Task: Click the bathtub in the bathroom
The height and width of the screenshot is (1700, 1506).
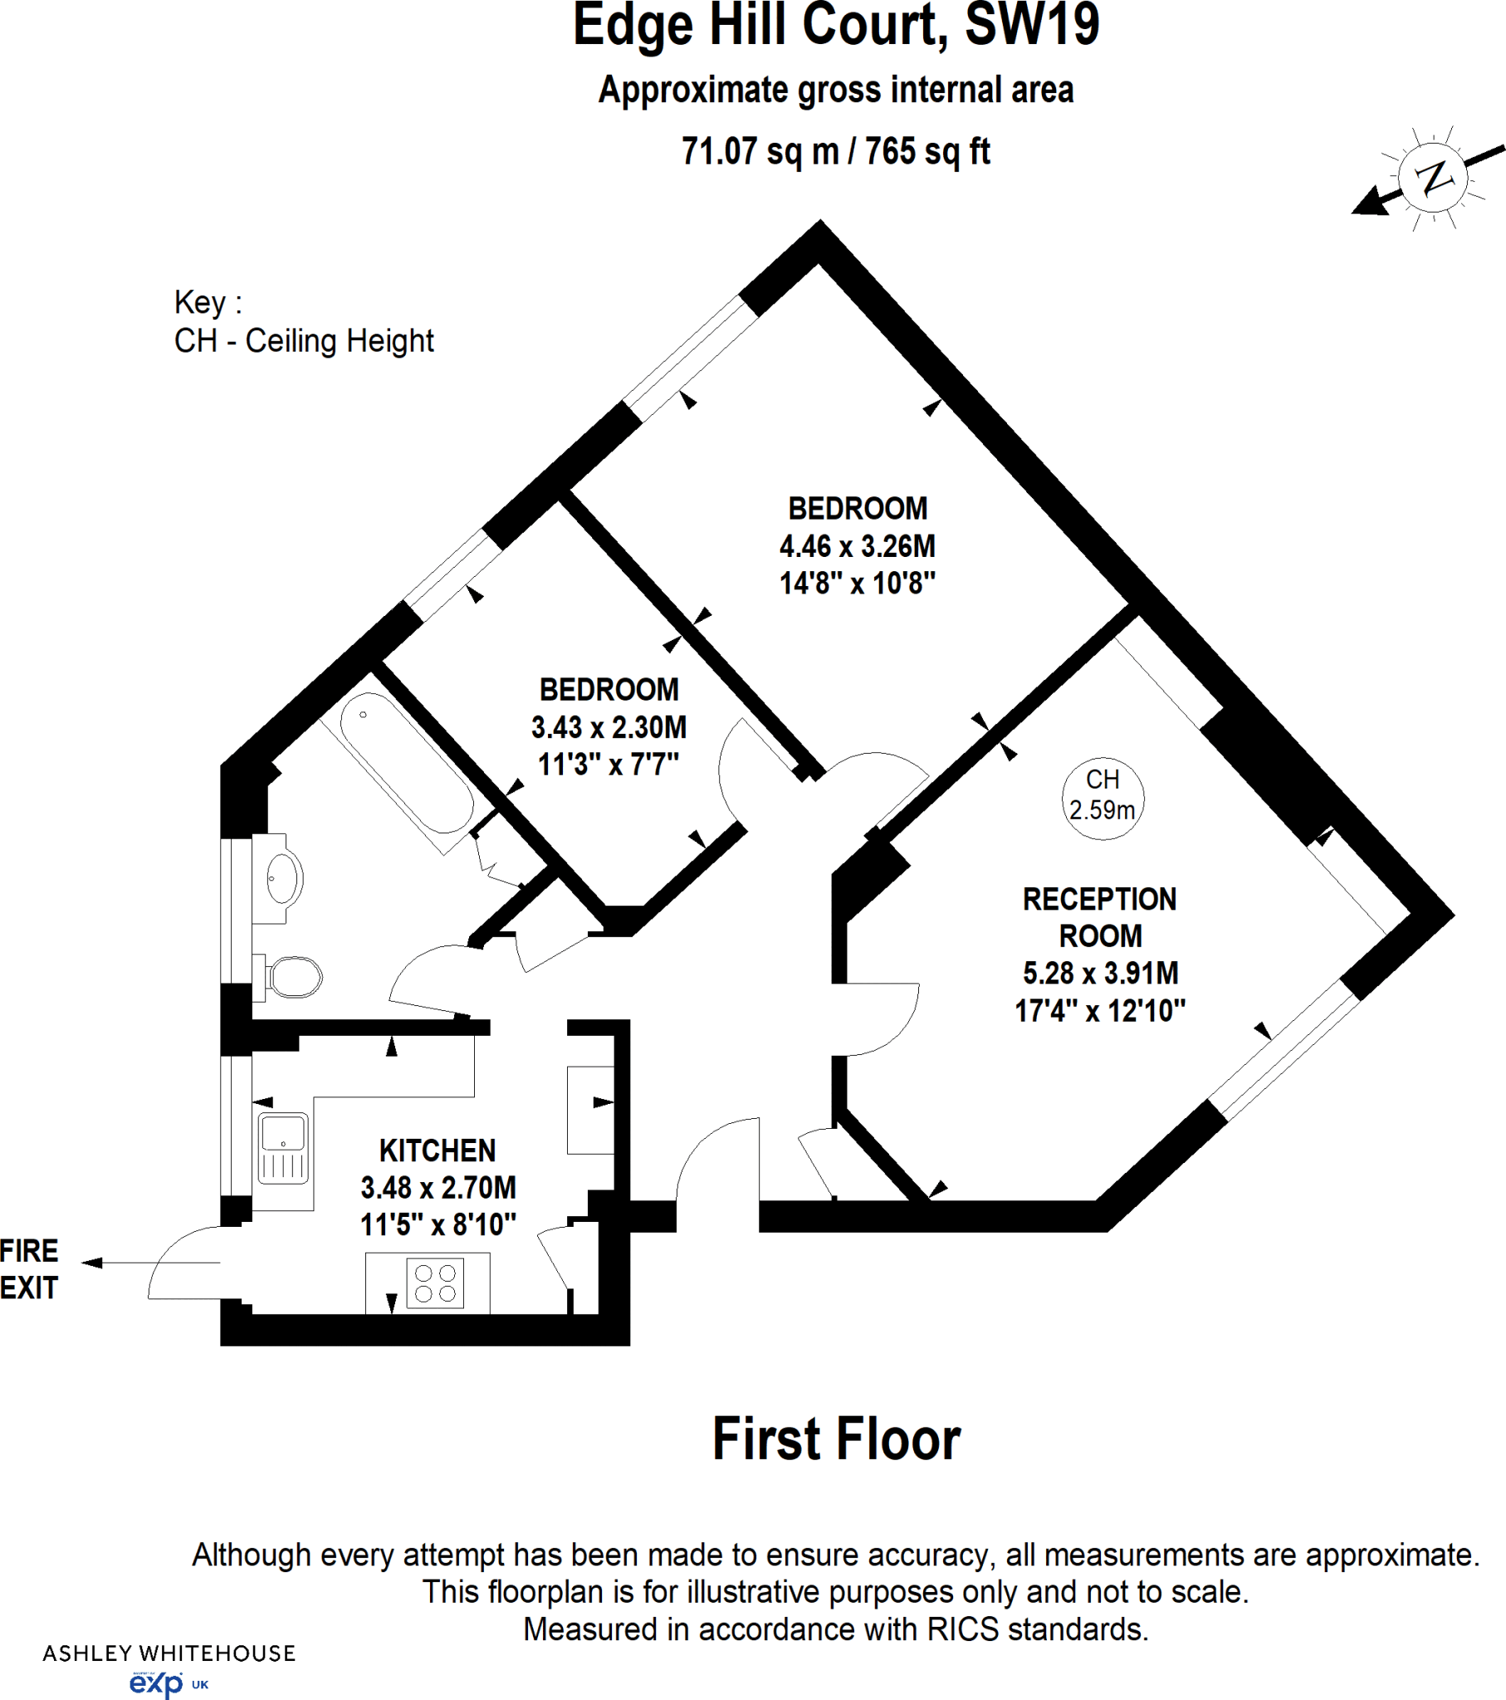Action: click(x=405, y=763)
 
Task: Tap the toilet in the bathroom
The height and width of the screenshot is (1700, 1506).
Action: click(x=294, y=976)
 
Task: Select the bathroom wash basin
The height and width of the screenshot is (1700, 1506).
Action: click(x=284, y=877)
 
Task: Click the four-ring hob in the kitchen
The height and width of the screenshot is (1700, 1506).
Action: click(x=435, y=1283)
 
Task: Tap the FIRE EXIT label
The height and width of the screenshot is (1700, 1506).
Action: click(x=29, y=1269)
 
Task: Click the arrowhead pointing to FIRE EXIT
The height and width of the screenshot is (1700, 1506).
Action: click(x=91, y=1263)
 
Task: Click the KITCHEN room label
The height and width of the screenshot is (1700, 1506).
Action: click(x=438, y=1151)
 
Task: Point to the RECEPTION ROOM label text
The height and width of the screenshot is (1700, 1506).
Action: click(x=1099, y=917)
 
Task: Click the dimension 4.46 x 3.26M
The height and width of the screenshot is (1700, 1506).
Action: click(x=857, y=546)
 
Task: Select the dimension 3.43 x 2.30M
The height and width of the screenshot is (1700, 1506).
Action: click(x=609, y=727)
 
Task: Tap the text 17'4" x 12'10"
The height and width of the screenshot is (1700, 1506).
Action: click(x=1099, y=1010)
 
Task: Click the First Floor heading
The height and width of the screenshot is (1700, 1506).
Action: click(x=836, y=1439)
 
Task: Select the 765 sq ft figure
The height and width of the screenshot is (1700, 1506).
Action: click(x=927, y=151)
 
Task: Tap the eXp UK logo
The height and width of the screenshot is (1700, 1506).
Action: click(x=166, y=1684)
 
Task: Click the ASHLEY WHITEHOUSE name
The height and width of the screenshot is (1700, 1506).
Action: click(x=169, y=1654)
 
